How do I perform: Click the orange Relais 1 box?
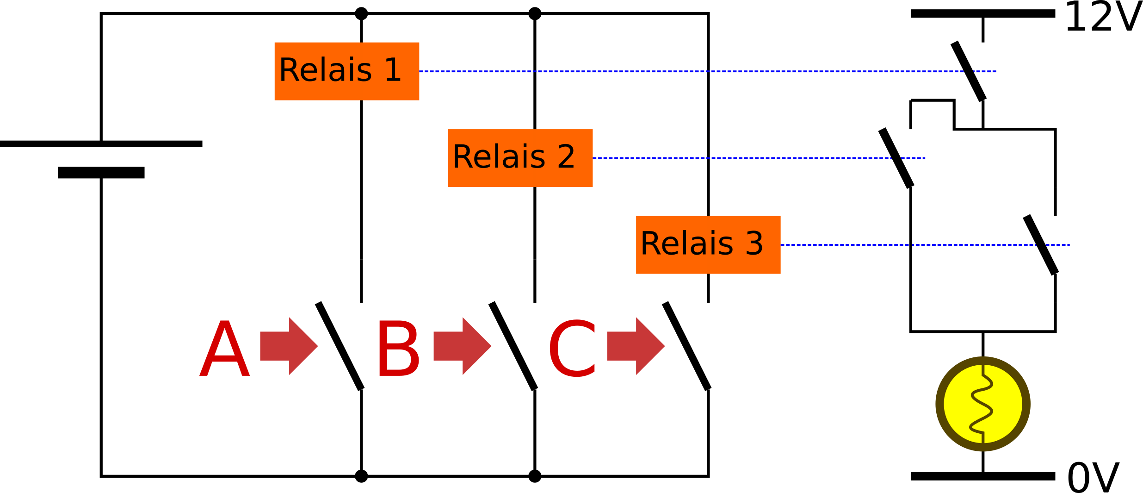[346, 71]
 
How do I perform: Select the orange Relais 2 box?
[520, 158]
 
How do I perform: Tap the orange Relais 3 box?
[708, 245]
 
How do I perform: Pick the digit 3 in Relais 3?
[754, 243]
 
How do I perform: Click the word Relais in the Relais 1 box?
[325, 70]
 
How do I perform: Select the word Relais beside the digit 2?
[499, 157]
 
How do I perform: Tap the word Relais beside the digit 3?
[686, 243]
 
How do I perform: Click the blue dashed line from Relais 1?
[694, 72]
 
